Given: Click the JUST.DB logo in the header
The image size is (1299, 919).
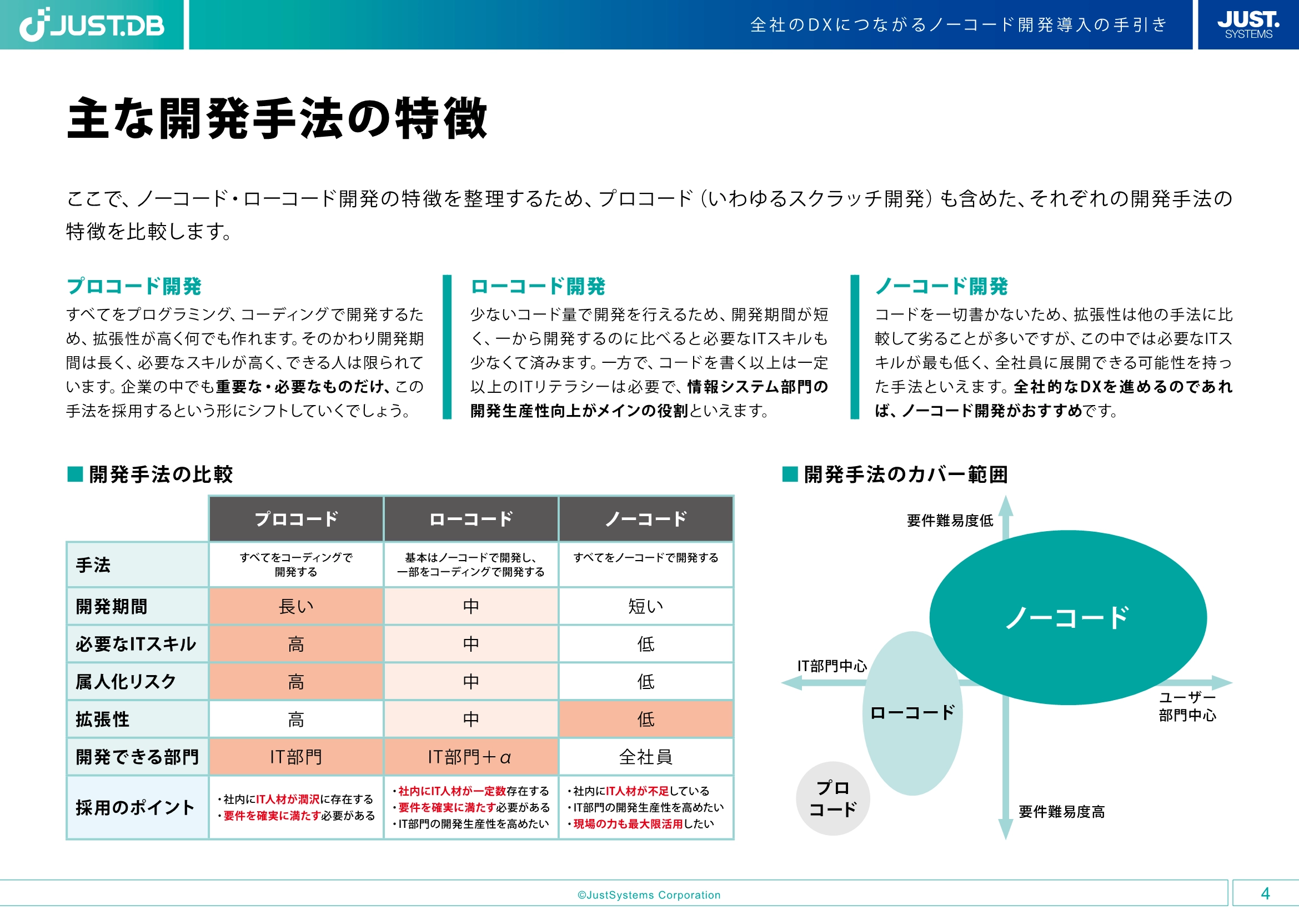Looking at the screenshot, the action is (92, 25).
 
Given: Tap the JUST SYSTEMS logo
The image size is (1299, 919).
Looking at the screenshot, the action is (1248, 25).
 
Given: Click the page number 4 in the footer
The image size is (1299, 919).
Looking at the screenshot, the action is (1265, 893).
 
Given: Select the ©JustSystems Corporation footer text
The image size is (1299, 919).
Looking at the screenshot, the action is (649, 895).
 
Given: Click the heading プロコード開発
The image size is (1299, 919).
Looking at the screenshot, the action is (134, 286).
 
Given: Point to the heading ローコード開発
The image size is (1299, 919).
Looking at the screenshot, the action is (538, 286).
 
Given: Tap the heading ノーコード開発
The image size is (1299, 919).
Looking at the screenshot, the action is (941, 286).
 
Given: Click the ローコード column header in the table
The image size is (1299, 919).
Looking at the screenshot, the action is (471, 519).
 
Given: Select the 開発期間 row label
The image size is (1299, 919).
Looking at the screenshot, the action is (112, 606).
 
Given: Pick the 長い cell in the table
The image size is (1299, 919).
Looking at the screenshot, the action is (296, 606).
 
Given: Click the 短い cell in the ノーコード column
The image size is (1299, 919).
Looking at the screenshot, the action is (645, 606).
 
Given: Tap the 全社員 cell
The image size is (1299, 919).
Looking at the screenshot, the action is (645, 757).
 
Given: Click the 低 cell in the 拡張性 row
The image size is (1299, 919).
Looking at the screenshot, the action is (645, 719).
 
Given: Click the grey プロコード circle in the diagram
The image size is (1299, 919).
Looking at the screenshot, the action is (832, 798).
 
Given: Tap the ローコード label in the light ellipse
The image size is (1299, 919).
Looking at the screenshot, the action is (912, 712).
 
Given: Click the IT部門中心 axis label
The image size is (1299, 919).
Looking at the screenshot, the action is (832, 666).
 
